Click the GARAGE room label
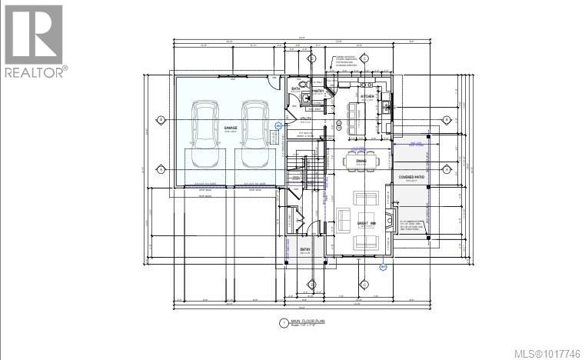[230, 128]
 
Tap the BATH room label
[295, 90]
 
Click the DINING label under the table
[361, 182]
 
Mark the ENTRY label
[305, 249]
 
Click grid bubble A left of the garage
[161, 168]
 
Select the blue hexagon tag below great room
[384, 266]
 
